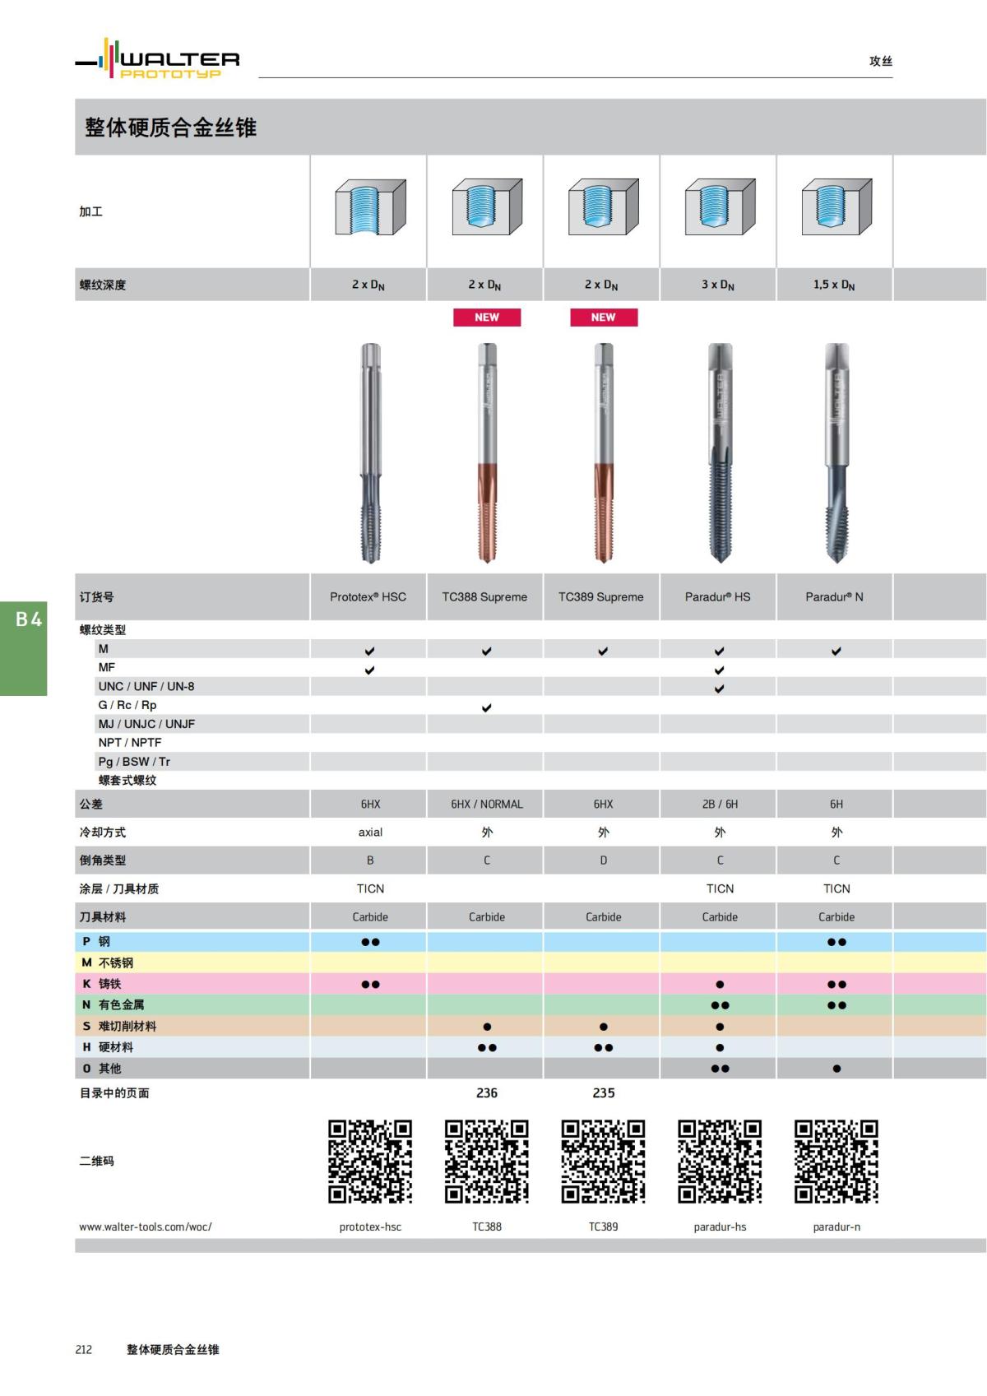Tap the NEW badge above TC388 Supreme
click(487, 318)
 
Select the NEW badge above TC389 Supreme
click(604, 318)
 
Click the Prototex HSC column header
click(368, 597)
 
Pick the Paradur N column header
click(834, 597)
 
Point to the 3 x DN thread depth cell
click(718, 285)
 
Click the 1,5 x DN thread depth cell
click(834, 285)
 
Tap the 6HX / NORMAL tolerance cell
click(487, 805)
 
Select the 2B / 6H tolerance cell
click(720, 805)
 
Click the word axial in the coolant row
click(370, 832)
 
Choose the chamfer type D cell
click(604, 860)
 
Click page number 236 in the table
click(487, 1093)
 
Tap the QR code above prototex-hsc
click(370, 1162)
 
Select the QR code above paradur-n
click(836, 1162)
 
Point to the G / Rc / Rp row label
click(127, 705)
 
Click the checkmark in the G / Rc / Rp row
click(487, 707)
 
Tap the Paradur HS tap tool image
click(720, 452)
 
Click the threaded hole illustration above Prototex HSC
click(370, 208)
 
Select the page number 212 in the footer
click(84, 1350)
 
